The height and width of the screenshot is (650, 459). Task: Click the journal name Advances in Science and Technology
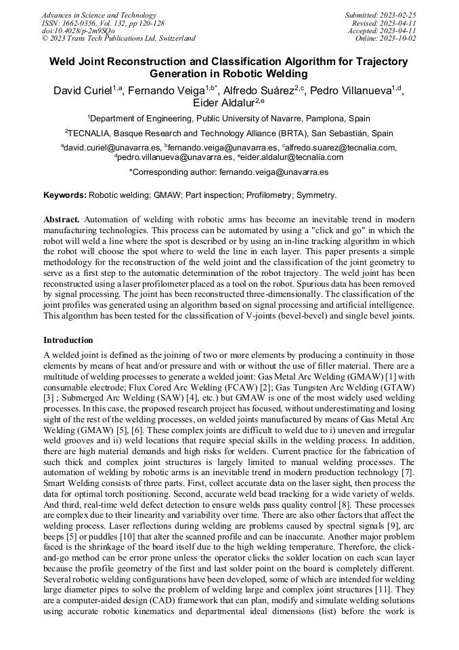99,15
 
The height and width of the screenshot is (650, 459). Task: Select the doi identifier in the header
78,31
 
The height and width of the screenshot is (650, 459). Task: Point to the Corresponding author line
229,173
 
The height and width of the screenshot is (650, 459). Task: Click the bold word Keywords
65,195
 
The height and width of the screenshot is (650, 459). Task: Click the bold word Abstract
62,220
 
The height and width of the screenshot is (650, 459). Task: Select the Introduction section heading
68,340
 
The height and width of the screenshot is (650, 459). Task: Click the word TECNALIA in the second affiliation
92,134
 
